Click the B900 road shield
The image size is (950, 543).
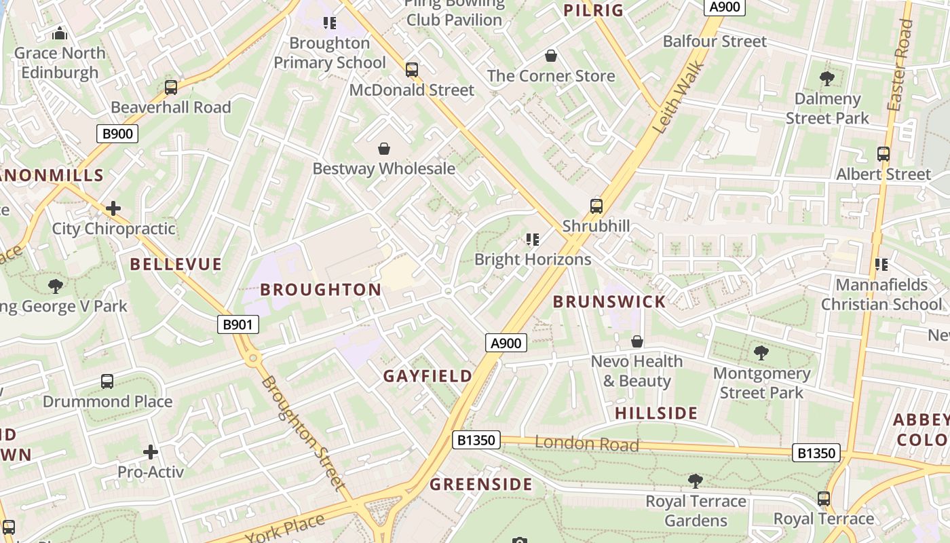tap(117, 134)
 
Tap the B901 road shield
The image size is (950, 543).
tap(238, 324)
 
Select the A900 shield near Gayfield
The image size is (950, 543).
tap(506, 343)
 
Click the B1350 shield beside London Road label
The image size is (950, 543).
tap(476, 440)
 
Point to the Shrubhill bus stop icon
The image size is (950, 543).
tap(596, 206)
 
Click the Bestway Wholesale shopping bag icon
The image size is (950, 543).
tap(384, 149)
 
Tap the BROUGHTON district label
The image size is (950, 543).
tap(321, 290)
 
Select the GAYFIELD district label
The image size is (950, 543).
tap(427, 376)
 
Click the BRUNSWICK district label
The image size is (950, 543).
tap(609, 302)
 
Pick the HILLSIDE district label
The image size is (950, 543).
tap(656, 413)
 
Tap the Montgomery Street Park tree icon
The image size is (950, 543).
tap(761, 353)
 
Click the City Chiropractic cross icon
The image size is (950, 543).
tap(113, 208)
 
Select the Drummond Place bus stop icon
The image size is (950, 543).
tap(107, 381)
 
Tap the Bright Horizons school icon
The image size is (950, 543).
tap(533, 239)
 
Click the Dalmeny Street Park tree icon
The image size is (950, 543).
tap(826, 79)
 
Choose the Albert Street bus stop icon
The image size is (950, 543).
tap(883, 154)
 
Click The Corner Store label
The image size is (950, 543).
tap(551, 76)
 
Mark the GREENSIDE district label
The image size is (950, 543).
tap(481, 485)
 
